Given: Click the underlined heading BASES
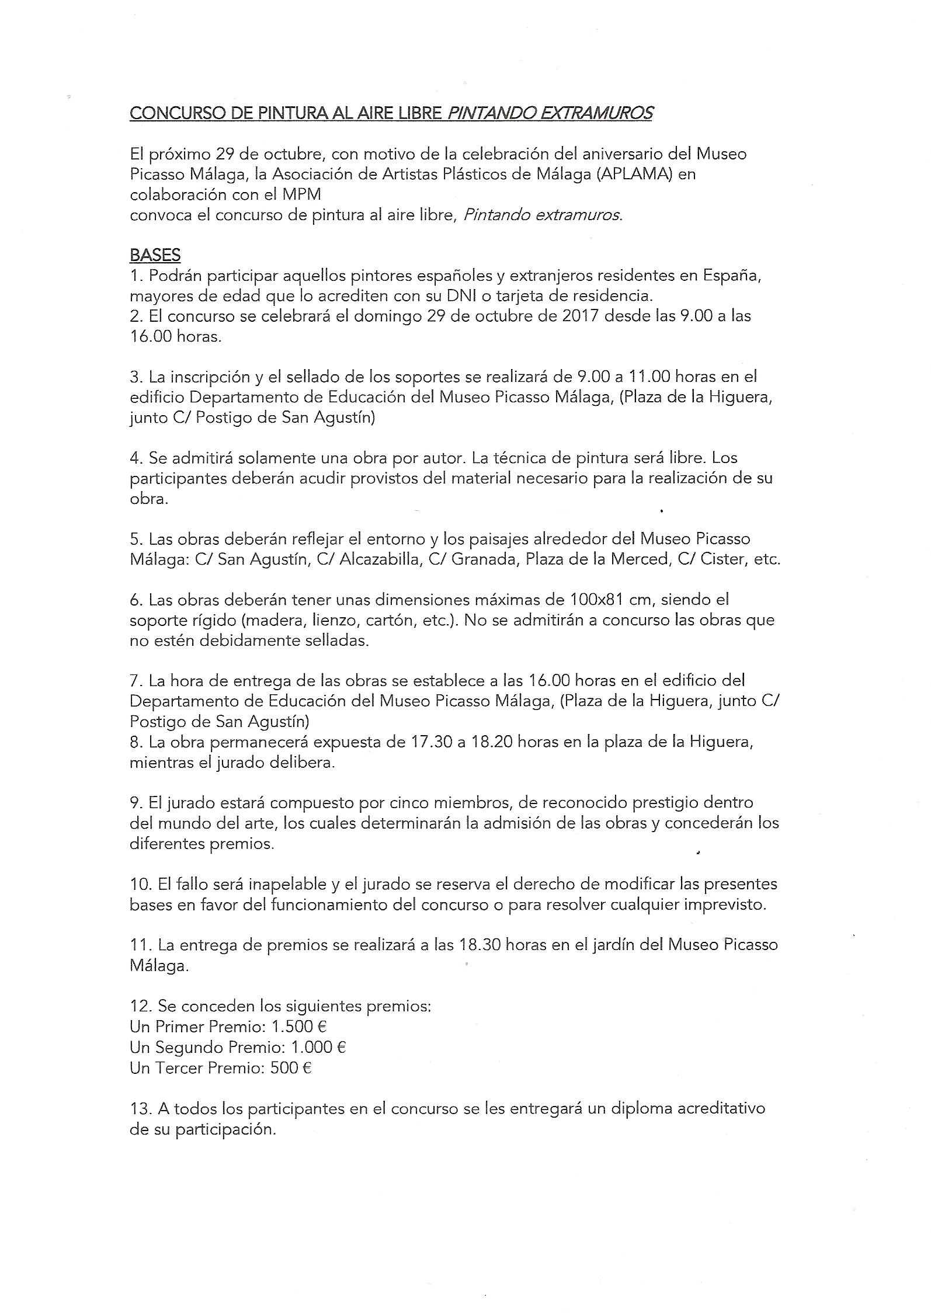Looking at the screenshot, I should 155,255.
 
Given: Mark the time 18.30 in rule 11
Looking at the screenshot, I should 477,945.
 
